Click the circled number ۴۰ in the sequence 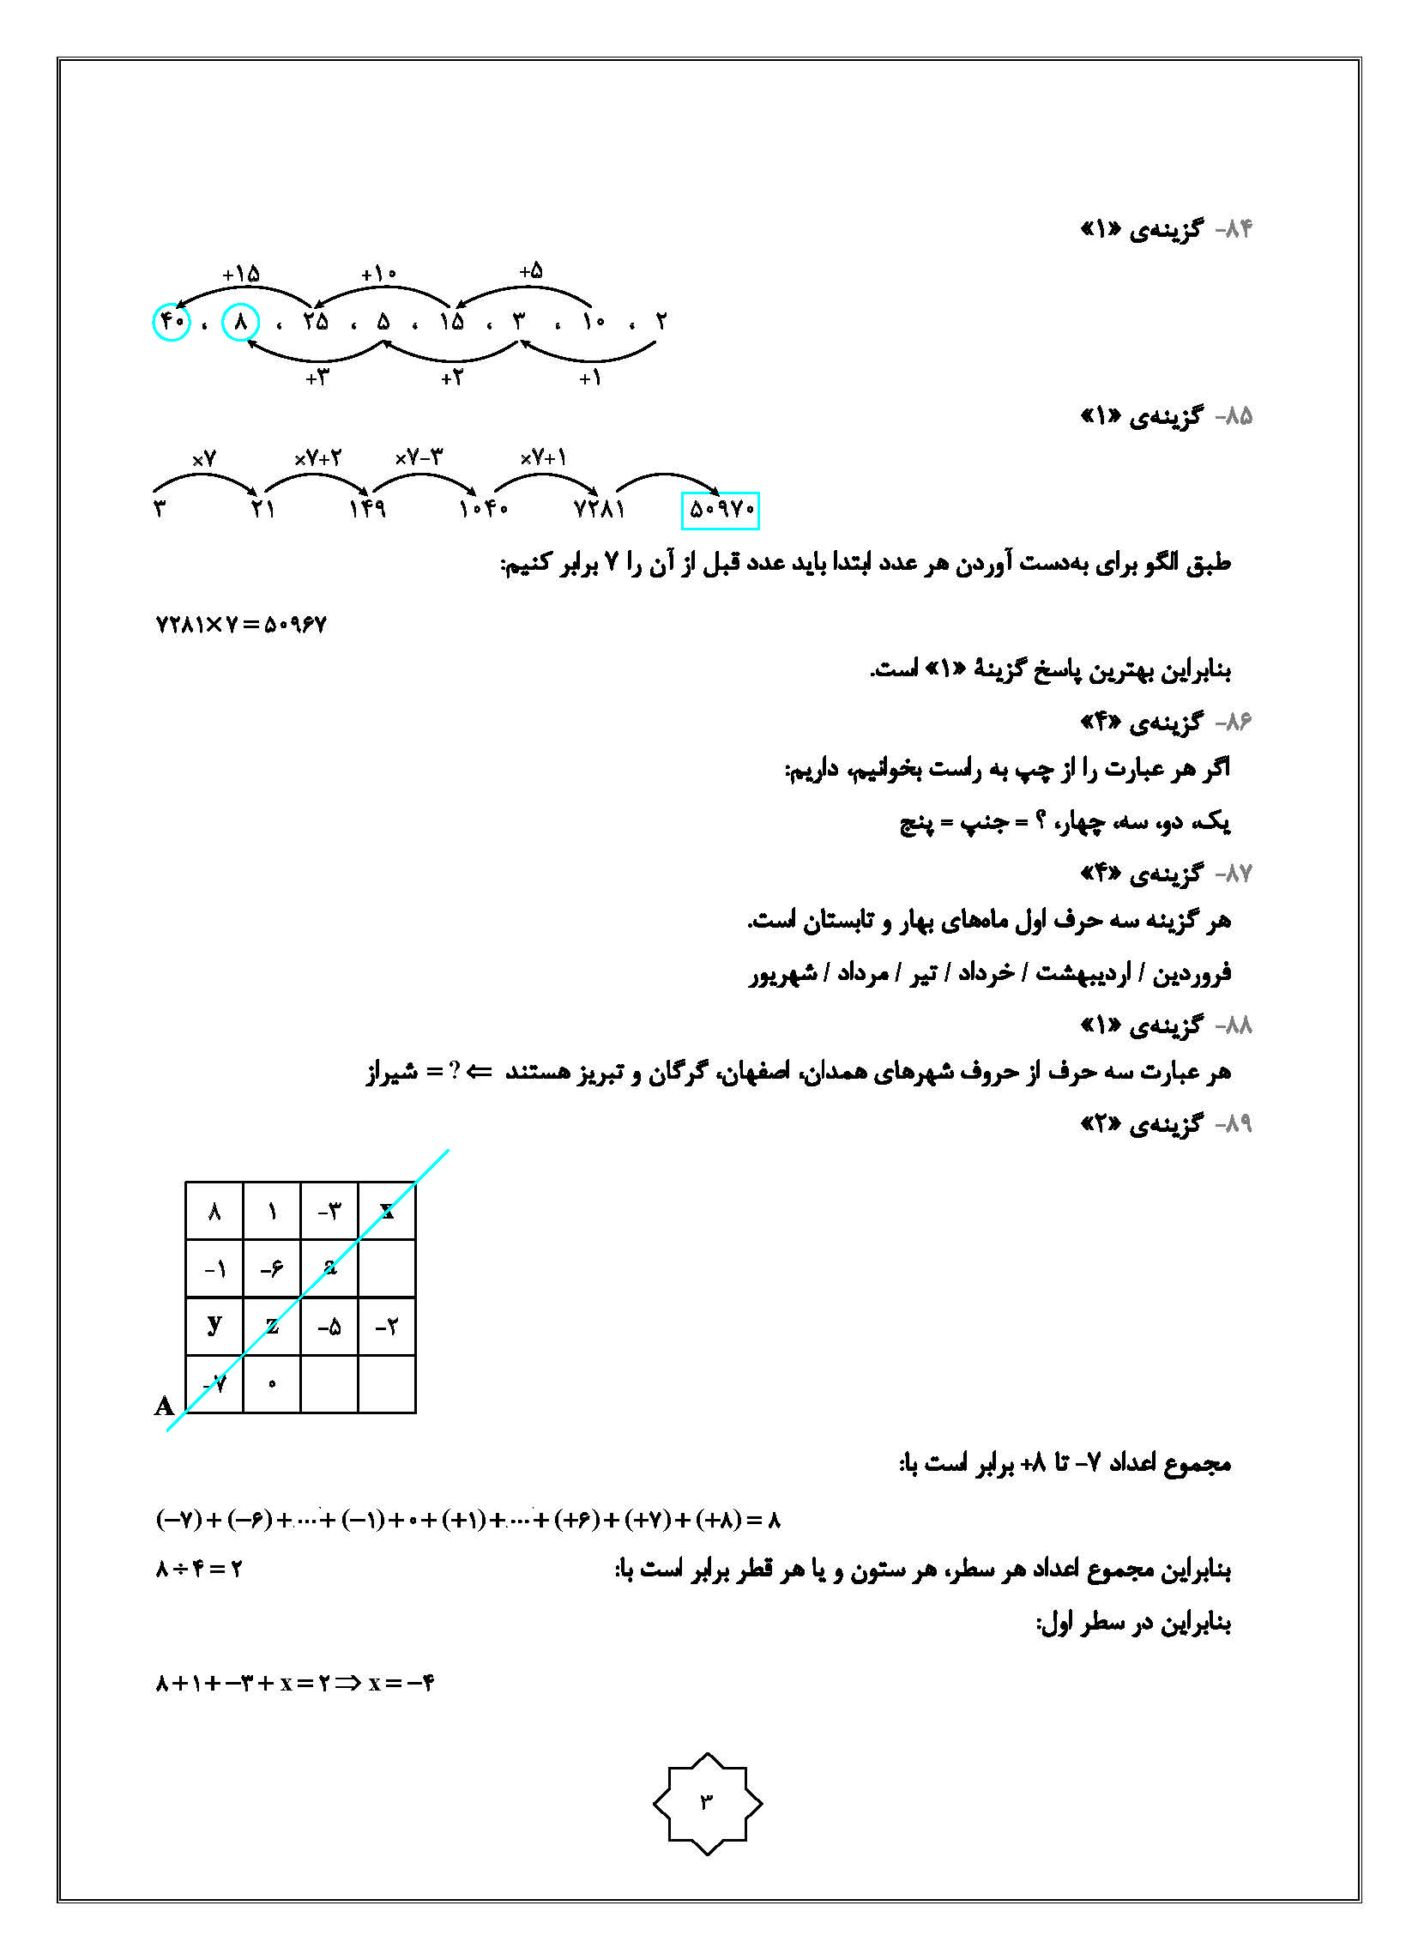click(x=171, y=322)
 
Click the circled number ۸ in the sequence click(x=241, y=323)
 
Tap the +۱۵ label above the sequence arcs click(x=240, y=275)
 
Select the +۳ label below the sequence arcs click(x=317, y=378)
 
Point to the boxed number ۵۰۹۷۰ click(x=720, y=510)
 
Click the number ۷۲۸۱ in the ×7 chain click(x=599, y=509)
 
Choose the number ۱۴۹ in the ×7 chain click(x=367, y=509)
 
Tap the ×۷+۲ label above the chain click(x=317, y=458)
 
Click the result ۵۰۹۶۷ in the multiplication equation click(x=294, y=624)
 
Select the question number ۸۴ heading click(x=1234, y=229)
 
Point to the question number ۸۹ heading click(x=1234, y=1123)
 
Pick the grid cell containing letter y click(x=214, y=1325)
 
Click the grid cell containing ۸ click(x=214, y=1212)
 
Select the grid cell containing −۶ click(x=271, y=1268)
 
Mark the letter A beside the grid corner click(x=164, y=1406)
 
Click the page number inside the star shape click(x=707, y=1802)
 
